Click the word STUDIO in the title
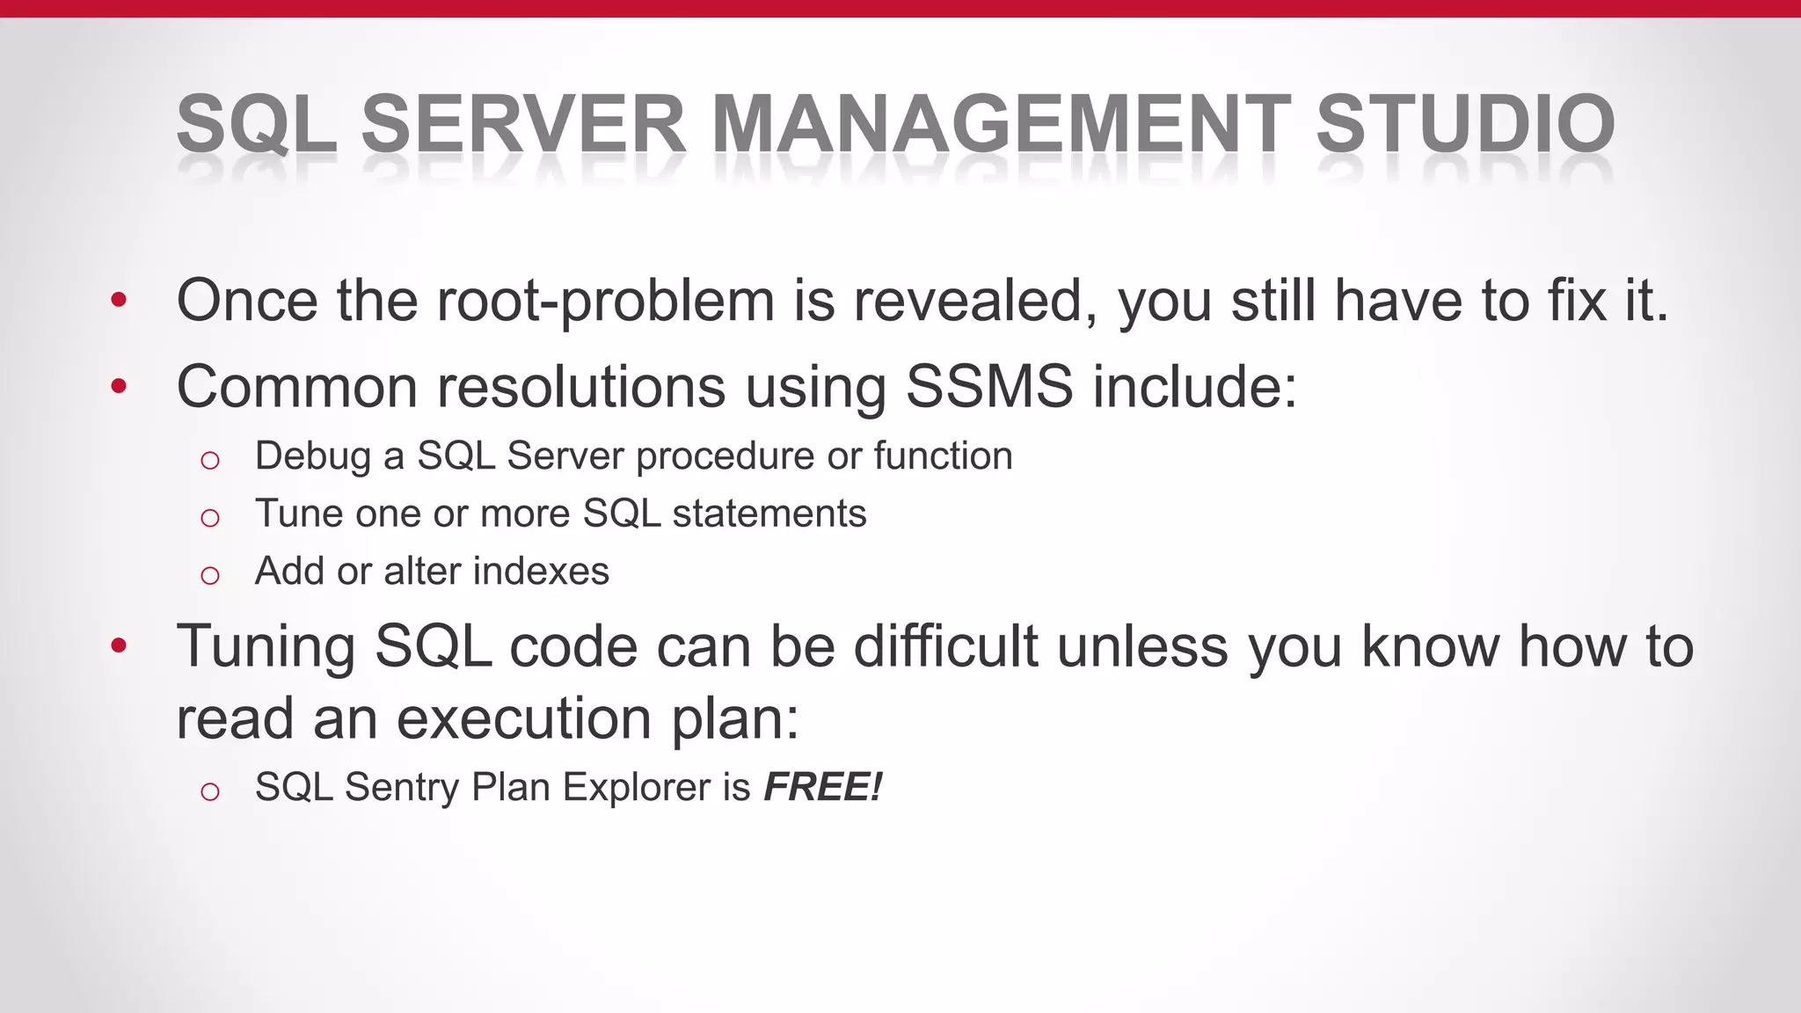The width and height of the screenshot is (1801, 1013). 1464,123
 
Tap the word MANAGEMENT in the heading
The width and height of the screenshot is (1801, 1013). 1001,123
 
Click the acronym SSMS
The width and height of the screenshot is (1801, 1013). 989,387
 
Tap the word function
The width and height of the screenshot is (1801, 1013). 943,456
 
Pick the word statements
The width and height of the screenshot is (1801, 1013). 769,514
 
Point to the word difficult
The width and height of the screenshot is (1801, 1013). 945,647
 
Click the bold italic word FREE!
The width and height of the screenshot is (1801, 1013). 822,787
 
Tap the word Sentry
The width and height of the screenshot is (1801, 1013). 402,787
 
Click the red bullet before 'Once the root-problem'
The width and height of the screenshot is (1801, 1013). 120,302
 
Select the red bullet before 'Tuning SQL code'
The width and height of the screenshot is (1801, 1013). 120,647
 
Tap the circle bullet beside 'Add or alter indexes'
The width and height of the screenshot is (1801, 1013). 209,576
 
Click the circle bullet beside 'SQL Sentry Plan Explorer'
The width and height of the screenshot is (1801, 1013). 209,791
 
